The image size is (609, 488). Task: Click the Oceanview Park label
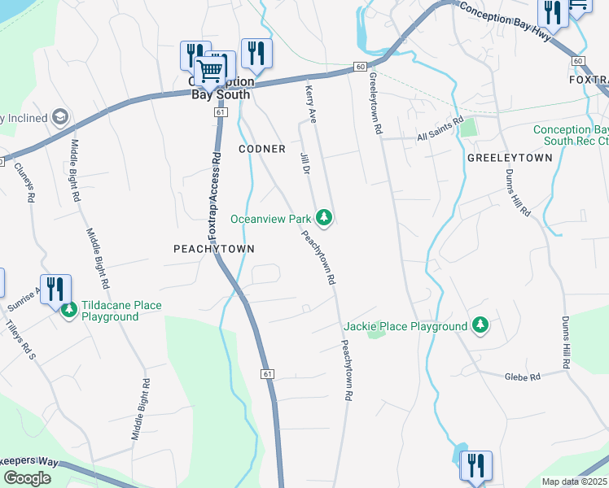click(270, 219)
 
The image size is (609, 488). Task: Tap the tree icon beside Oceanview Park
click(324, 216)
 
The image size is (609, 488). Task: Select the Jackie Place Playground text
click(405, 326)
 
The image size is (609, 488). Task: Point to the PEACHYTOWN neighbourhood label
click(214, 249)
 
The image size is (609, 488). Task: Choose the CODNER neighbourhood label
click(261, 149)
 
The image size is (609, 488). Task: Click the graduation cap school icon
click(59, 117)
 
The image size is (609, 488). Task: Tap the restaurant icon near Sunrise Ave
click(55, 289)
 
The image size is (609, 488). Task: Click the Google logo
click(27, 477)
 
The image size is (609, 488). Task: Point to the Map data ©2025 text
click(574, 481)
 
